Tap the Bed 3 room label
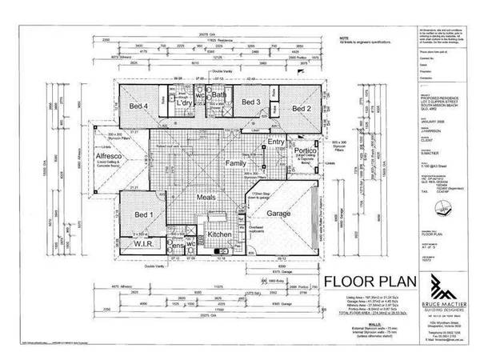click(251, 103)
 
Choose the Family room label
click(234, 162)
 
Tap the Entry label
click(276, 142)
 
